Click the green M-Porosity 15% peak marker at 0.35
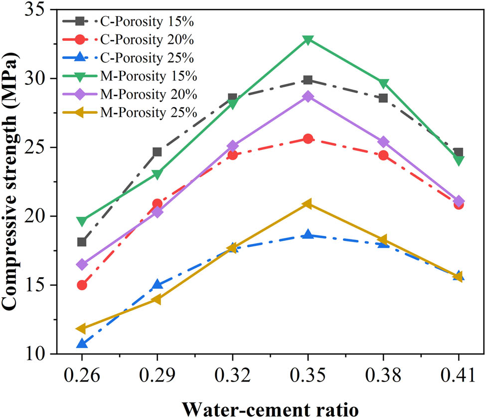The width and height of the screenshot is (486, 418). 308,39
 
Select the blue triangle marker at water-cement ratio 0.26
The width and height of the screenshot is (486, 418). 82,344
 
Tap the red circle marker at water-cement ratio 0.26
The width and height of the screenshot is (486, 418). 82,285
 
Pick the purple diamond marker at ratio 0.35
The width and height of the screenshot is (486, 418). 308,96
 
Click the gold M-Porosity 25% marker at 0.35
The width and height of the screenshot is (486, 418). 308,204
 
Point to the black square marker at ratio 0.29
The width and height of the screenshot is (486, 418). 157,152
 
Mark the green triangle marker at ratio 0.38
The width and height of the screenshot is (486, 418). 383,83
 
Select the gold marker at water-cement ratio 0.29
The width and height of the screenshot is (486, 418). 157,299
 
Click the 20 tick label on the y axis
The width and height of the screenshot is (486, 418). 35,216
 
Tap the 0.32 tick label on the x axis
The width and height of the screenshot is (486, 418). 232,376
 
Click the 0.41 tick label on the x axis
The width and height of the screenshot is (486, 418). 459,376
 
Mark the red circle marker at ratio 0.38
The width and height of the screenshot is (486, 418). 383,155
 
